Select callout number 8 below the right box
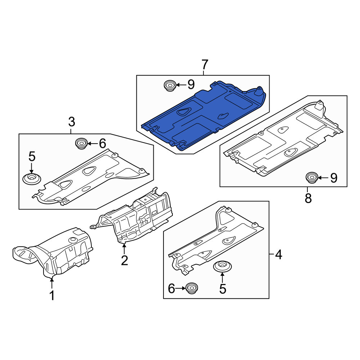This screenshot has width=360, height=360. point(308,198)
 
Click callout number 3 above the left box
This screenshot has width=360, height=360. point(72,122)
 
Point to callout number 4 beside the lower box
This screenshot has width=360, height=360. point(278,255)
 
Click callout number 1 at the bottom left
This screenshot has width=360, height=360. point(52,295)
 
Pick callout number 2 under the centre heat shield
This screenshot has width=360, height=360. point(125,260)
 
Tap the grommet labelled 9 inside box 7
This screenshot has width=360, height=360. point(170,85)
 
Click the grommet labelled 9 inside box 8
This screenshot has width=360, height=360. point(311,177)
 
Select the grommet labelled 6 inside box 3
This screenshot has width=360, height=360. point(81,144)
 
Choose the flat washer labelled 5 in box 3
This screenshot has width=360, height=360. point(32,179)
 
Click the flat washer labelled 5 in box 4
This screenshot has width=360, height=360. point(222,266)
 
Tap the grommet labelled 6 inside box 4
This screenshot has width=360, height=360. point(192,288)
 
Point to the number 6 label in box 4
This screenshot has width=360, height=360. point(171,289)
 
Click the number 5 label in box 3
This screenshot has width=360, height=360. point(32,157)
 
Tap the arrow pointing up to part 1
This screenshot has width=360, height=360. point(52,283)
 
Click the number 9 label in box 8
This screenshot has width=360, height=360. point(334,178)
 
